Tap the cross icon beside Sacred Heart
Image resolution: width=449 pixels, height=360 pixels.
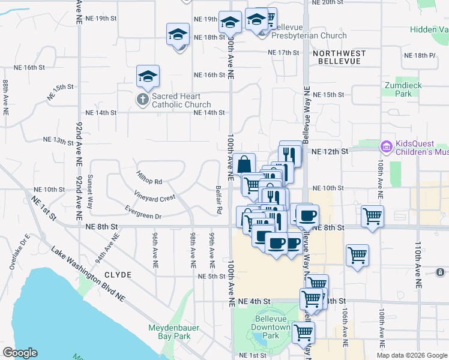pos(142,100)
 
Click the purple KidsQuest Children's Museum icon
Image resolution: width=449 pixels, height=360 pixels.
pos(386,146)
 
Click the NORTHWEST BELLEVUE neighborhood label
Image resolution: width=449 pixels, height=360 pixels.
pos(339,58)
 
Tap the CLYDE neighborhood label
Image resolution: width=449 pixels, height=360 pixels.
pos(118,274)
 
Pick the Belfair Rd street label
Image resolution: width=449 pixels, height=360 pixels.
pos(219,199)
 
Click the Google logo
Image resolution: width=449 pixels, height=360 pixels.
pos(20,353)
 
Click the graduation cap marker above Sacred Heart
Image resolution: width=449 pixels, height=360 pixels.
pos(148,76)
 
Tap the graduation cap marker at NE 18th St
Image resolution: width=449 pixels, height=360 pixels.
pos(178,34)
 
